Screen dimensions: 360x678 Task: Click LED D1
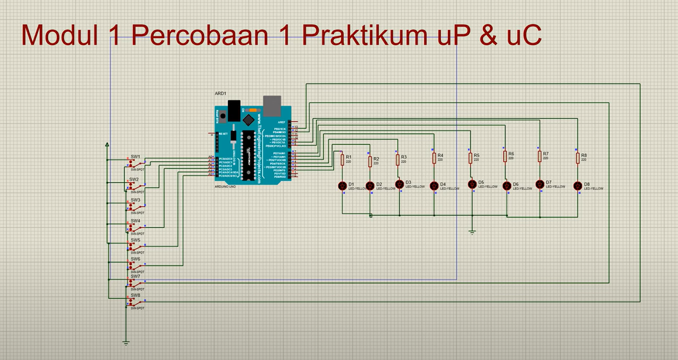pos(342,186)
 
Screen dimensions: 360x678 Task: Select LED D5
pos(472,184)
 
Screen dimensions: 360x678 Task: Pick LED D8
pos(577,186)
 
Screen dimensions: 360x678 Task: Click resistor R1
pos(342,160)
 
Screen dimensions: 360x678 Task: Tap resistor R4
pos(434,158)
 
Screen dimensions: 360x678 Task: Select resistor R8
pos(578,158)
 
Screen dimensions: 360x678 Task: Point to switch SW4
pos(136,228)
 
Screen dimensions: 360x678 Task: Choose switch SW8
pos(136,302)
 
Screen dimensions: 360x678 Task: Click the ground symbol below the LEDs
pos(472,232)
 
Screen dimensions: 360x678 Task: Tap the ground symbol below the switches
pos(126,343)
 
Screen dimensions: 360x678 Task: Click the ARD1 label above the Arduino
pos(220,94)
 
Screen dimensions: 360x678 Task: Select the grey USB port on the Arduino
pos(272,106)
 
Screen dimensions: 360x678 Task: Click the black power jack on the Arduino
pos(234,110)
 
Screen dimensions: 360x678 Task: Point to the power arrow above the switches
pos(107,145)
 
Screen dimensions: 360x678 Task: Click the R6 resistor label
pos(511,154)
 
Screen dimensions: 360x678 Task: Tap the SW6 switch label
pos(135,259)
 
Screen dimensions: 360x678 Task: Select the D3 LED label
pos(408,182)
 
